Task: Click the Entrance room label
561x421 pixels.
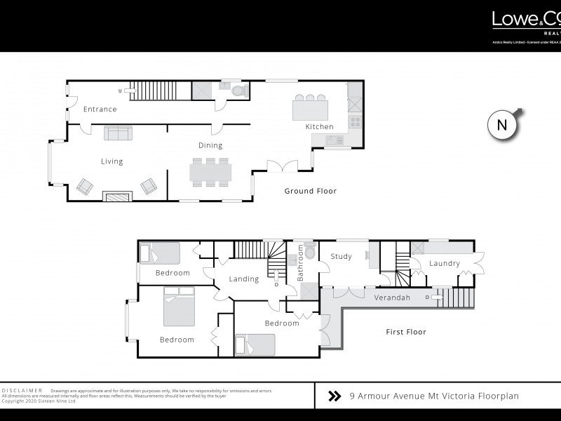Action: pyautogui.click(x=100, y=109)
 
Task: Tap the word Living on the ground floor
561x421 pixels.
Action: pyautogui.click(x=111, y=161)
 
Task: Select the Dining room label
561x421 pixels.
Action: pyautogui.click(x=210, y=146)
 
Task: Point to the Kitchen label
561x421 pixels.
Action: pyautogui.click(x=318, y=127)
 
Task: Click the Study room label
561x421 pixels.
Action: pyautogui.click(x=341, y=257)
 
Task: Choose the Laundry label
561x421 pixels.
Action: pyautogui.click(x=445, y=264)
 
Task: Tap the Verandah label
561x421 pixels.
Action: pyautogui.click(x=391, y=298)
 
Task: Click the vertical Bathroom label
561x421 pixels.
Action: pyautogui.click(x=300, y=264)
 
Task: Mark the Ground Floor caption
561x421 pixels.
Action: pyautogui.click(x=310, y=191)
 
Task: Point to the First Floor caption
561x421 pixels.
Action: pyautogui.click(x=405, y=332)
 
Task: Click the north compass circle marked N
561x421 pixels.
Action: pyautogui.click(x=501, y=126)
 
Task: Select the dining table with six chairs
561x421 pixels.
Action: pyautogui.click(x=210, y=172)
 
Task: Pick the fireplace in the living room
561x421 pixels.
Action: pyautogui.click(x=116, y=196)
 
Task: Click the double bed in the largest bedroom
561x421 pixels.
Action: pyautogui.click(x=178, y=307)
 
